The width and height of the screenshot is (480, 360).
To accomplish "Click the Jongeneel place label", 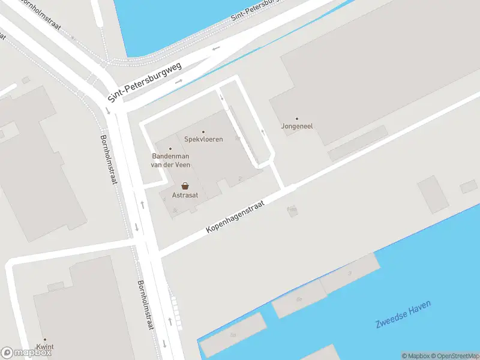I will click(x=297, y=127).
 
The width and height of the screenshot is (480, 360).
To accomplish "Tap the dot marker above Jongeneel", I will click(x=296, y=118).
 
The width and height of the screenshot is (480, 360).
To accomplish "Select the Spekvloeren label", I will click(x=203, y=139).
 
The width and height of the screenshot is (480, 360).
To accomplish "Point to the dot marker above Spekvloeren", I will click(x=203, y=131).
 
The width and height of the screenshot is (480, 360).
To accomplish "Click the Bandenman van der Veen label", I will click(x=170, y=160).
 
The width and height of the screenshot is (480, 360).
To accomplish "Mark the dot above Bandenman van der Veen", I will click(x=170, y=149).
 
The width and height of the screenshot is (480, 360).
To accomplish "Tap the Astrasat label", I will click(x=185, y=196).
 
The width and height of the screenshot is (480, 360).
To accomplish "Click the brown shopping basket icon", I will click(x=185, y=186).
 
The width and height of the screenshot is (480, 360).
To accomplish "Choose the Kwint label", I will click(x=44, y=347).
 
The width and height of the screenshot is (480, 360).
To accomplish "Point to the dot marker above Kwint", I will click(x=44, y=339).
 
